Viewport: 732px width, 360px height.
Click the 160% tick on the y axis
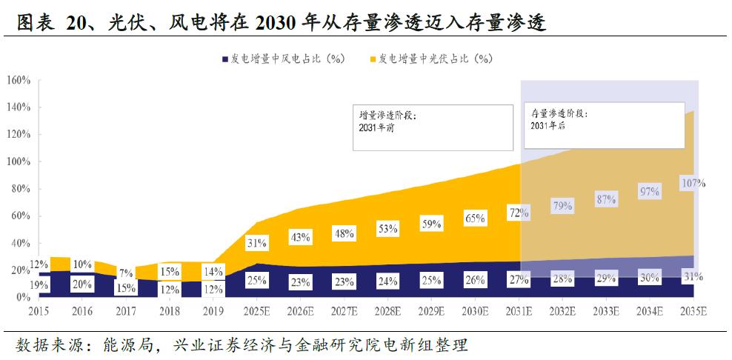(19, 80)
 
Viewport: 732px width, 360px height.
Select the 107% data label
(693, 183)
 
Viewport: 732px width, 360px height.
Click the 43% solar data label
(301, 236)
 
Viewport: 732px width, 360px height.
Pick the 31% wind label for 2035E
(693, 276)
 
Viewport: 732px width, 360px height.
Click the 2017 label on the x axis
(126, 310)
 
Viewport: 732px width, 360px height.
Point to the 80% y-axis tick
(19, 189)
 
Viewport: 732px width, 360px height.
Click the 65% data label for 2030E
(476, 219)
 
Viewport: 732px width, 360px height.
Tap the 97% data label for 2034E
(650, 192)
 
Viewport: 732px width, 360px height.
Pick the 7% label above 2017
(125, 273)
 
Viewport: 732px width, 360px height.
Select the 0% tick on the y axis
(22, 297)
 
